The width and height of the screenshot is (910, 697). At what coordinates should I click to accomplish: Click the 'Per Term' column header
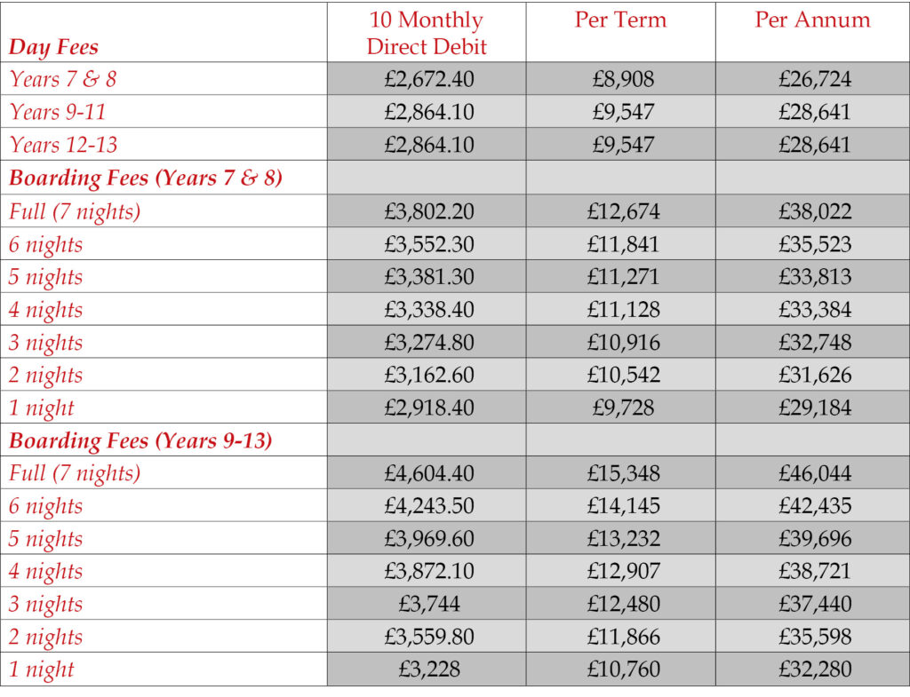[620, 20]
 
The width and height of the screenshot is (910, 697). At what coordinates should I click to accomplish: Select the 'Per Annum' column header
[812, 20]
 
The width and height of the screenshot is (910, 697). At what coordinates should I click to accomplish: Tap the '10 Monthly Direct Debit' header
[426, 33]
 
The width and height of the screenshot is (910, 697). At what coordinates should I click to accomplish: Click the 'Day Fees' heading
[53, 47]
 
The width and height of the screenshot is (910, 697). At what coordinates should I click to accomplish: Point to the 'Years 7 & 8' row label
[62, 79]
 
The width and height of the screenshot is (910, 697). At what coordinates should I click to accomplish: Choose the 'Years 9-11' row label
[63, 112]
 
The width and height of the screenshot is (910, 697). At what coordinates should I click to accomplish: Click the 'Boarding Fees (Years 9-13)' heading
[140, 440]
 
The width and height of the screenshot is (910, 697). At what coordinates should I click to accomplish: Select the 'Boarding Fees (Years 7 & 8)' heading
[146, 178]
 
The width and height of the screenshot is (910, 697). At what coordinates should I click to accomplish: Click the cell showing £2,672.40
[426, 79]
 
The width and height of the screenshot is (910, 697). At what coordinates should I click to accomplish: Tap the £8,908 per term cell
[620, 79]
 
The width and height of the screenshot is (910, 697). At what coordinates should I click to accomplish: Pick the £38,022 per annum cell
[812, 211]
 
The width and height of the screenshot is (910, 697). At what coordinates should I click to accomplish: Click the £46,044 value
[812, 473]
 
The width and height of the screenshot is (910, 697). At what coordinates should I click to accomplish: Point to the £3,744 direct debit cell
[426, 604]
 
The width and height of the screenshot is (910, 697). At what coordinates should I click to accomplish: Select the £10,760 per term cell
[620, 669]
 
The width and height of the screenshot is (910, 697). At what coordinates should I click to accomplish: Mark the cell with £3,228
[426, 669]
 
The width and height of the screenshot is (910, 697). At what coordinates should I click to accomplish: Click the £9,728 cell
[620, 408]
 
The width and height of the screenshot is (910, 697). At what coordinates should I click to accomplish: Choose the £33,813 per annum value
[812, 277]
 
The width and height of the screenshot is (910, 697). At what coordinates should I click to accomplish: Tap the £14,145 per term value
[620, 506]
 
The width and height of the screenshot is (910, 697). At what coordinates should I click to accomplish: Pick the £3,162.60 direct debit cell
[426, 375]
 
